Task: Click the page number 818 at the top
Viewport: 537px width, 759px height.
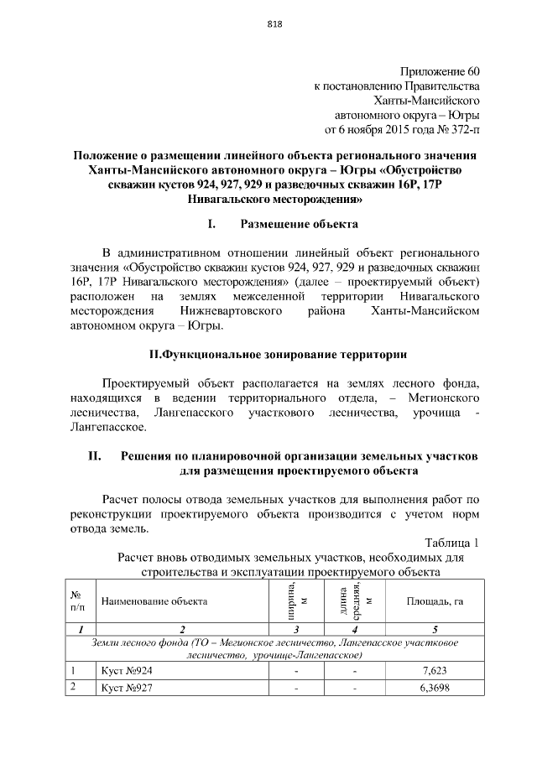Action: (274, 23)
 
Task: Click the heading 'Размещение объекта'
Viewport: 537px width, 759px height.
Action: (299, 224)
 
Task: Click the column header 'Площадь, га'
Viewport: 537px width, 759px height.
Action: (435, 601)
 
